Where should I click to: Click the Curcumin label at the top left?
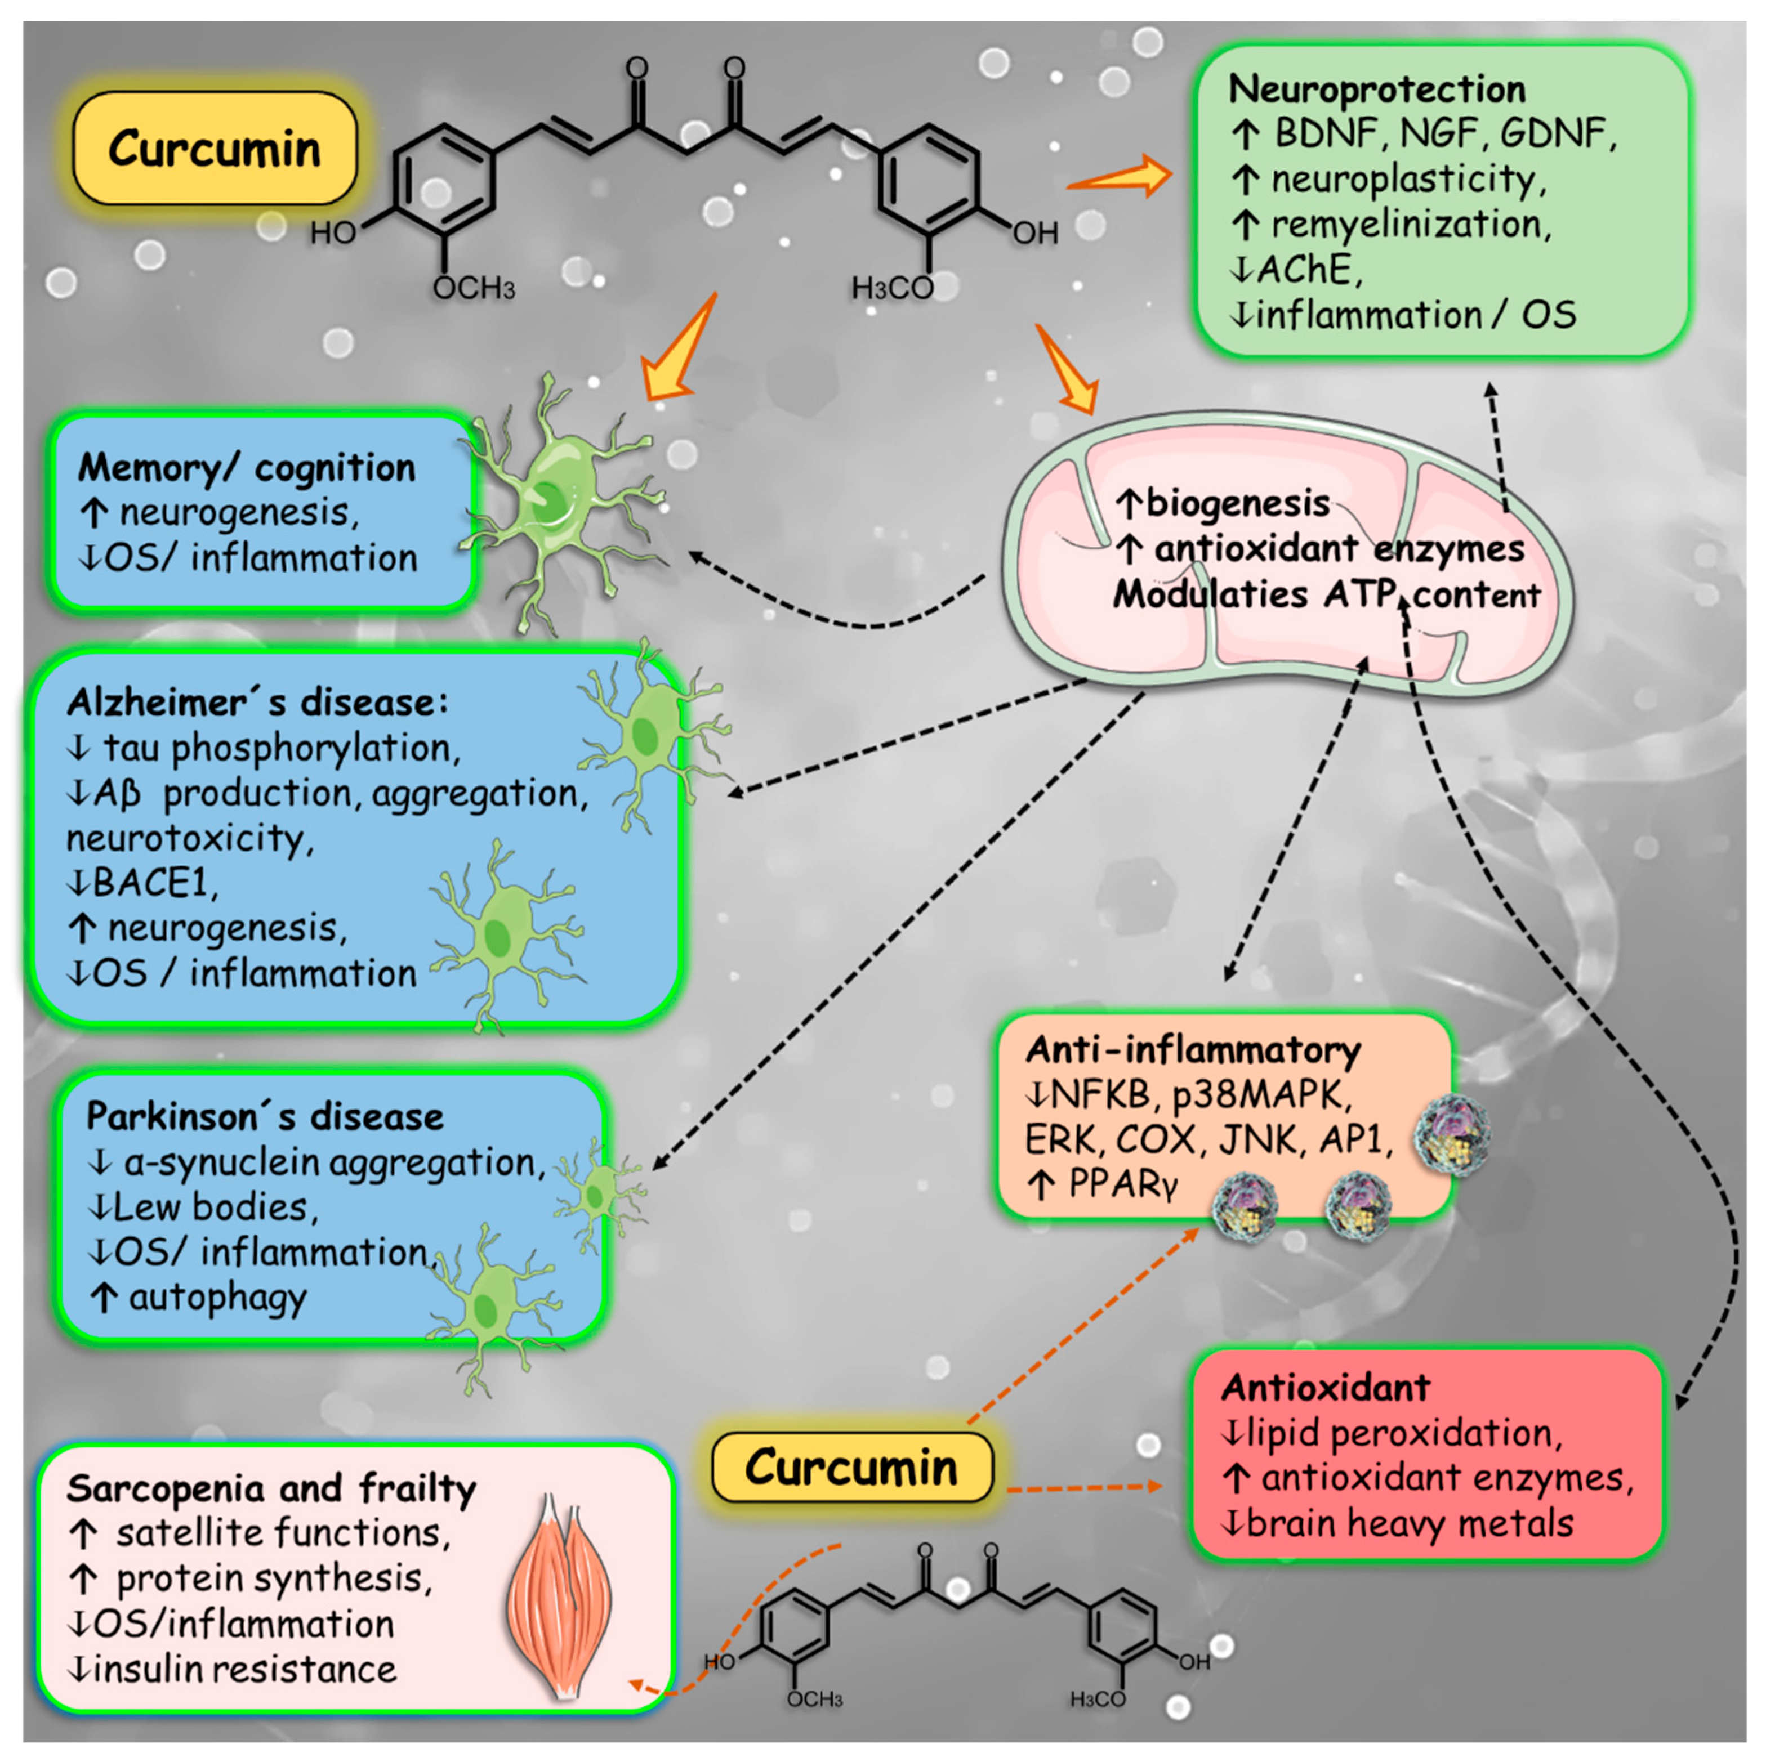pos(214,148)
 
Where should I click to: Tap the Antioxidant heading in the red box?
pos(1326,1387)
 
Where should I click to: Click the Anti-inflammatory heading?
pos(1193,1049)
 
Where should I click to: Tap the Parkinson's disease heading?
pos(265,1116)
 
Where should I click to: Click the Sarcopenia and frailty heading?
pos(271,1489)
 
